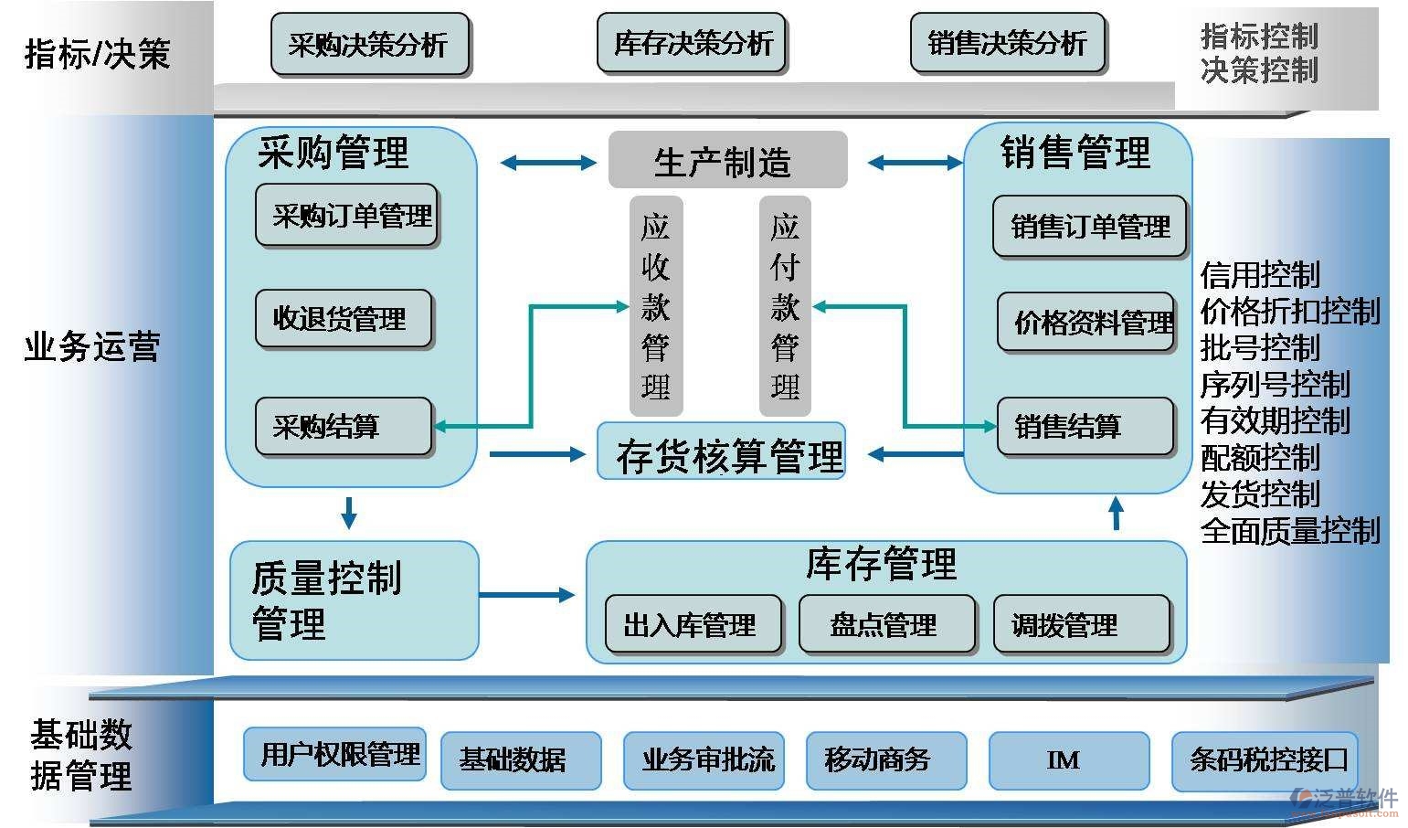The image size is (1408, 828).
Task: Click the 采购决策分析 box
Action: (369, 43)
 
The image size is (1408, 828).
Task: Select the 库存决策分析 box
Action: (692, 43)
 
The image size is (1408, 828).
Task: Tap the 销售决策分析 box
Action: (1007, 43)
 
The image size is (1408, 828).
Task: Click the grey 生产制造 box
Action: (727, 161)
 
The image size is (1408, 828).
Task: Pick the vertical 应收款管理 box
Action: (655, 305)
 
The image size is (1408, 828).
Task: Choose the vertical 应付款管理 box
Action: (785, 305)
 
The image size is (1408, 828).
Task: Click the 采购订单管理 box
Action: (346, 216)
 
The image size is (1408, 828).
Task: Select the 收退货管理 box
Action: (343, 319)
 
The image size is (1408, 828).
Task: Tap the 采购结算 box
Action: (343, 426)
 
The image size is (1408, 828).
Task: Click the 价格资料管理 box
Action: (1085, 322)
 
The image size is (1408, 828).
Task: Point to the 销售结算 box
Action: (1085, 426)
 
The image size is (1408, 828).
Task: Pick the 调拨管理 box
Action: (1081, 625)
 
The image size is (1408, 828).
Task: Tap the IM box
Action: (1068, 759)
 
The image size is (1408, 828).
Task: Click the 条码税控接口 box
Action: (1265, 759)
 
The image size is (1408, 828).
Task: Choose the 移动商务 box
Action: (885, 759)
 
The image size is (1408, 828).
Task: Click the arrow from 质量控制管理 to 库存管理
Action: (527, 595)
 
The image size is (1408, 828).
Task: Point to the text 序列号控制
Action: (1275, 385)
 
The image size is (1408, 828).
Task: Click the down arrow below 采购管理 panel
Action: (348, 514)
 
